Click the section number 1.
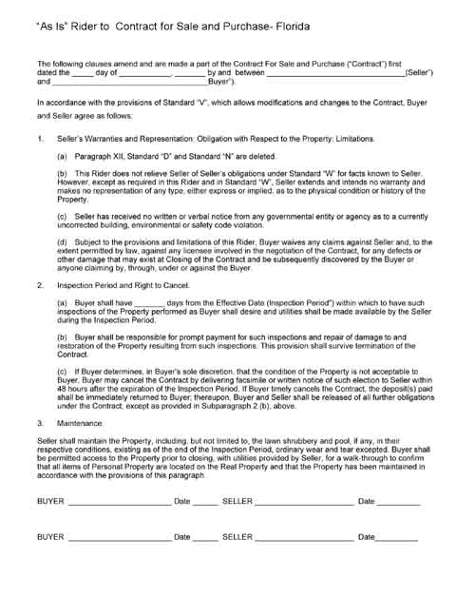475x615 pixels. (40, 139)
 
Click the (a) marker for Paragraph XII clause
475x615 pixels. (63, 155)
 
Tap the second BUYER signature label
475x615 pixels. (50, 563)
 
